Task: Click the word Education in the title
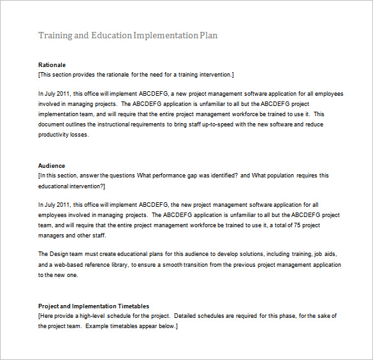tap(112, 35)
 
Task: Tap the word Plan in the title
tap(209, 35)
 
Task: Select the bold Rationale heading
tap(52, 65)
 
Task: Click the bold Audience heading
tap(52, 166)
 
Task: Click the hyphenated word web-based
tap(66, 265)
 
